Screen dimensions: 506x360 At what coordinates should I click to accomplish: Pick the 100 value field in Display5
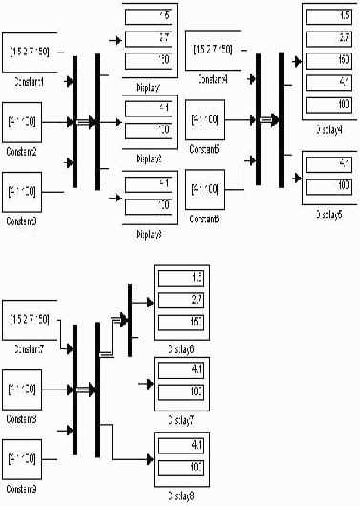coord(329,181)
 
